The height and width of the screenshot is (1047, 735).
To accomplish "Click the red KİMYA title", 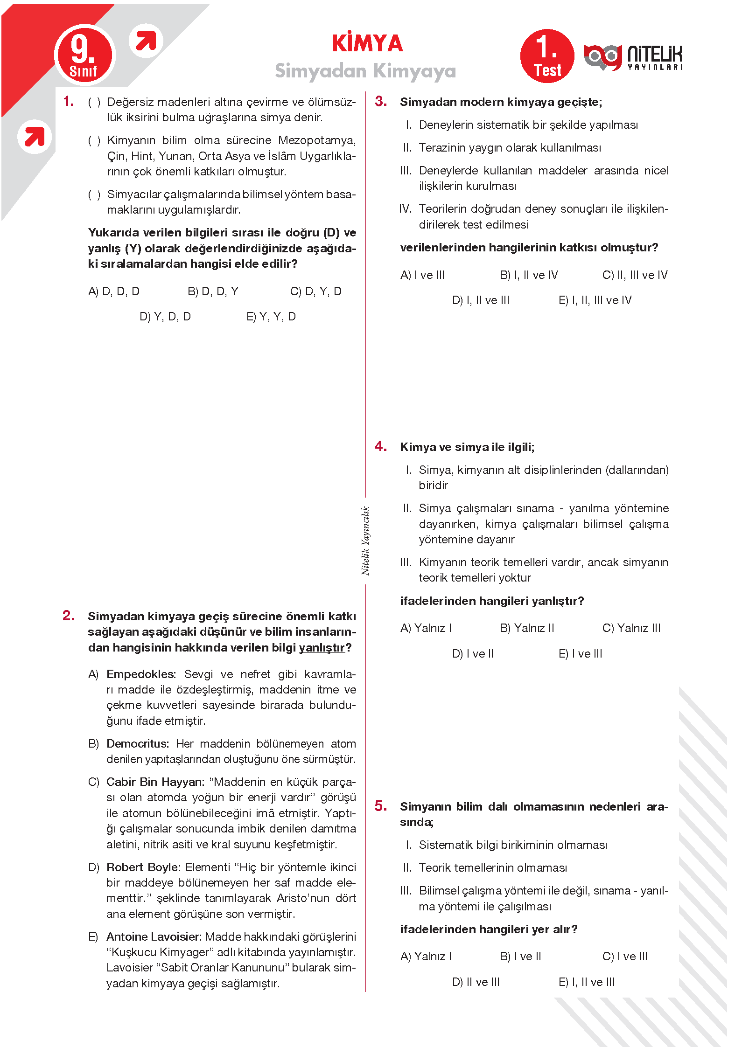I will click(x=367, y=43).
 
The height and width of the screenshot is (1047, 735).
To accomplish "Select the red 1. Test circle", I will click(x=547, y=56).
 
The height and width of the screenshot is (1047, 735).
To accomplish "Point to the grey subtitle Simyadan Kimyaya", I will click(x=365, y=71).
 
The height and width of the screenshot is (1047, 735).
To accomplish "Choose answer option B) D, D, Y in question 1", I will click(x=213, y=291).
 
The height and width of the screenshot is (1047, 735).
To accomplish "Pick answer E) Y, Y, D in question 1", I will click(x=271, y=317).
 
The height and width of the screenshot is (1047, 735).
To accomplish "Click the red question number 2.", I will click(x=68, y=616).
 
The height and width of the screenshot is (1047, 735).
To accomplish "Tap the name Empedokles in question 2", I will click(x=140, y=674).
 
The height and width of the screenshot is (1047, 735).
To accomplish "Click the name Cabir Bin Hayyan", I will click(x=155, y=782).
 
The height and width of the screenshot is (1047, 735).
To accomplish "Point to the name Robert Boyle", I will click(x=143, y=867).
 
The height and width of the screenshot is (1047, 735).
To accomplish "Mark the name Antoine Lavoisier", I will click(x=154, y=937).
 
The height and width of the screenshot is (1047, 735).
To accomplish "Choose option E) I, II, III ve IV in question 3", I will click(x=595, y=300).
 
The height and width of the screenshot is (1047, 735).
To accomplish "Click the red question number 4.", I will click(x=380, y=446).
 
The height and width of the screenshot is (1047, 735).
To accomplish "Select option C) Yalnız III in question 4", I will click(x=631, y=628).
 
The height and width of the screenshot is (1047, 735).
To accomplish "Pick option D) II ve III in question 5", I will click(x=476, y=982).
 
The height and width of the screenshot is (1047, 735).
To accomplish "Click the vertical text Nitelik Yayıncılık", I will click(x=365, y=541).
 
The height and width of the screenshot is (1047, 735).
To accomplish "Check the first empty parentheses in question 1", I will click(x=94, y=102).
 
